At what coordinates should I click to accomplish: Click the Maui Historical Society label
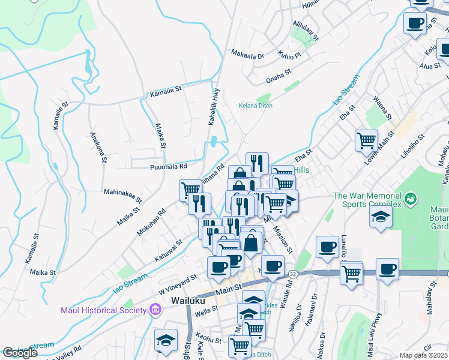pos(103,310)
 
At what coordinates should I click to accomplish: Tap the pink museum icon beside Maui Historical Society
pos(155,310)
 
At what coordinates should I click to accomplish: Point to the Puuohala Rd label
pos(168,166)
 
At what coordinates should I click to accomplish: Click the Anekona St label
pos(98,147)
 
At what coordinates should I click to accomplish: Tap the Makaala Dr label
pos(247,55)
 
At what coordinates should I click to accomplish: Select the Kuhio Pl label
pos(289,56)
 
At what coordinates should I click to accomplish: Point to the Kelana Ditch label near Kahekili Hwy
pos(256,106)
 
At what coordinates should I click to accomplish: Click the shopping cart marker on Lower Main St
pos(366,141)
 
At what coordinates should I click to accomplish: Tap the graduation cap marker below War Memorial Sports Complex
pos(381,217)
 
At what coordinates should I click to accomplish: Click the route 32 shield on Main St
pos(292,274)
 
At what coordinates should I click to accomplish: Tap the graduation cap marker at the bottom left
pos(166,340)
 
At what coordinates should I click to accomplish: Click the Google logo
pos(20,353)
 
